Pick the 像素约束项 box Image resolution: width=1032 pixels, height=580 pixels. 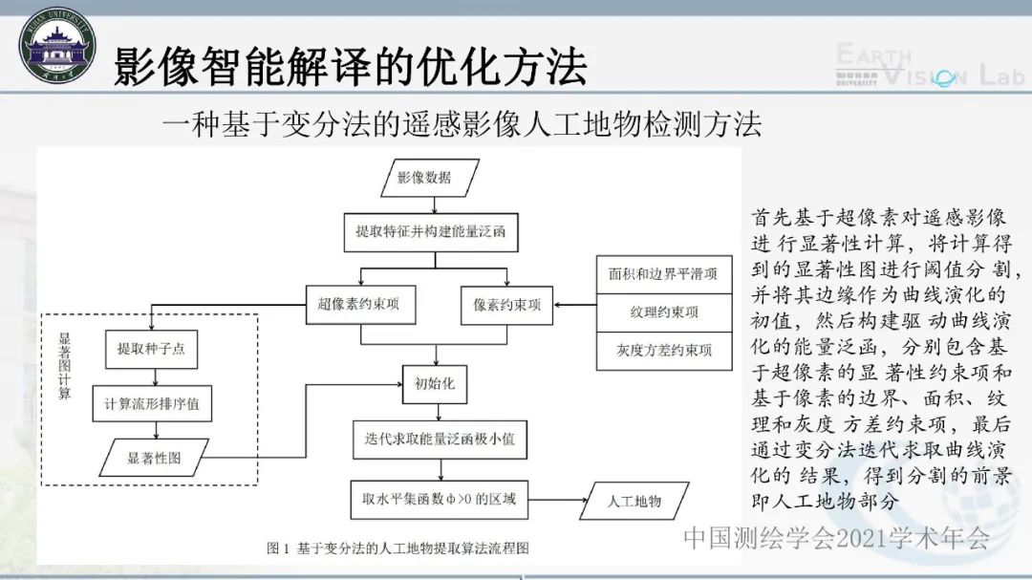506,305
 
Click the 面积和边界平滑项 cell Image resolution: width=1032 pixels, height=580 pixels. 663,273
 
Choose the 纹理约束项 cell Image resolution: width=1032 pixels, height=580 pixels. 663,311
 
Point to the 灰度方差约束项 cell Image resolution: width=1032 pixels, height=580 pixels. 663,351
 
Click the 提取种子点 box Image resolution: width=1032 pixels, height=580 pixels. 151,349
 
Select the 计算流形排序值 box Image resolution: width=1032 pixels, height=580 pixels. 151,403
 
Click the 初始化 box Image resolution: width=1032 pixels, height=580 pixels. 435,384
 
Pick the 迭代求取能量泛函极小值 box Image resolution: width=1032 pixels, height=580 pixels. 440,439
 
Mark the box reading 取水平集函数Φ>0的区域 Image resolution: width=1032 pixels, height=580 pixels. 440,498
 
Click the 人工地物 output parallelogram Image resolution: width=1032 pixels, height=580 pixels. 634,500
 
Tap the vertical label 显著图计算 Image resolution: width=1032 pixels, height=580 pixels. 64,367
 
